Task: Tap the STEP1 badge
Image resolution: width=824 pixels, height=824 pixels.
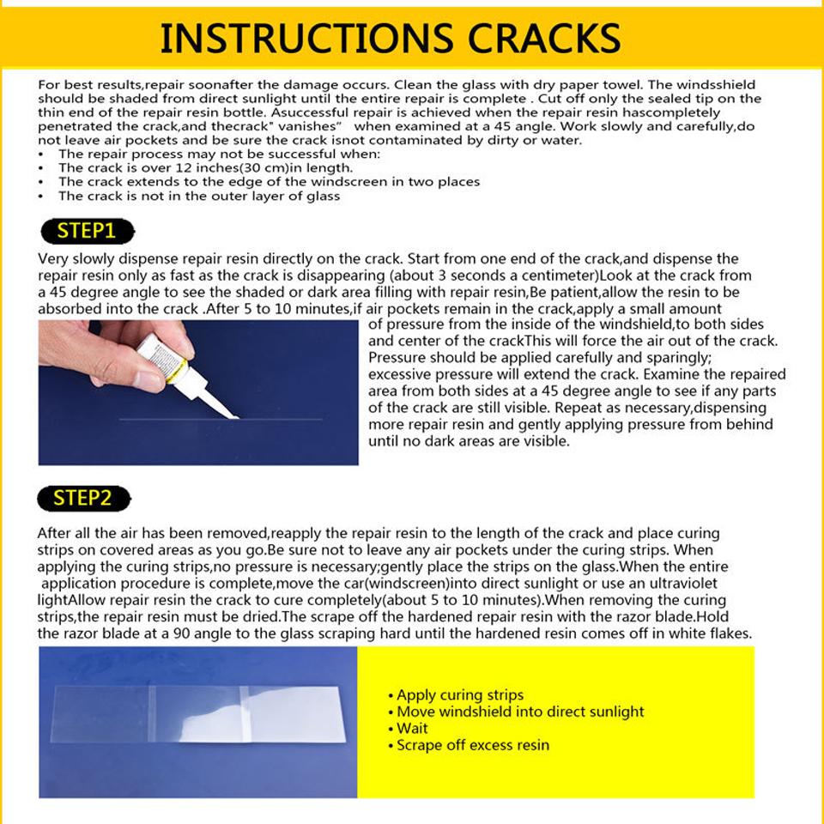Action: point(86,231)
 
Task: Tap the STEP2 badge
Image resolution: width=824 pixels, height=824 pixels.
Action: point(83,498)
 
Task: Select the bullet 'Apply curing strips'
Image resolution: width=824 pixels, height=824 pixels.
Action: point(460,695)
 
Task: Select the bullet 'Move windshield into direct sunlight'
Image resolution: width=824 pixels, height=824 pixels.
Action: point(520,712)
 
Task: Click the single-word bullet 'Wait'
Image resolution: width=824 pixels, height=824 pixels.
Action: point(412,729)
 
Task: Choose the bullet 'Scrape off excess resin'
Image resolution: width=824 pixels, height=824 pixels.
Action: point(473,745)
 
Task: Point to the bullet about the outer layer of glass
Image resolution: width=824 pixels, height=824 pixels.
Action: point(199,196)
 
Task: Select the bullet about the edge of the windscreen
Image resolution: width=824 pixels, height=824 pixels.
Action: point(269,182)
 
